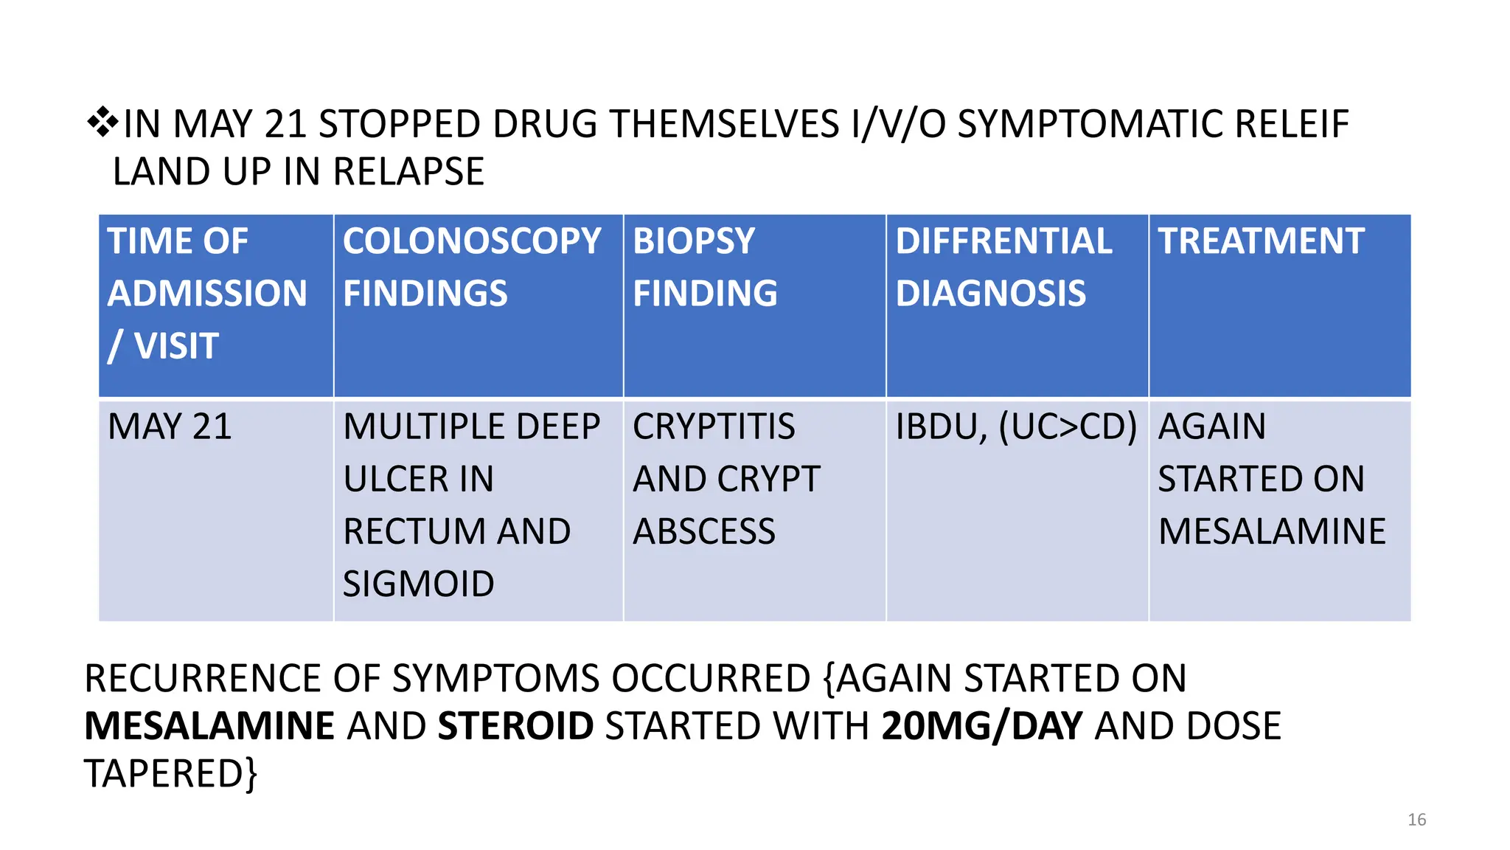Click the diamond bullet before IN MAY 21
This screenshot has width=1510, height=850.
(102, 122)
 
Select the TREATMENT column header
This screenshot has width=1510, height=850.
(1261, 241)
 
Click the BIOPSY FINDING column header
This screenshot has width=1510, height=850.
(704, 267)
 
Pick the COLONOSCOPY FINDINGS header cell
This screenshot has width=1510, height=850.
(472, 267)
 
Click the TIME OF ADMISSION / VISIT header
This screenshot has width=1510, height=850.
(206, 293)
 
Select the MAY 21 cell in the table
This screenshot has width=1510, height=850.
(170, 426)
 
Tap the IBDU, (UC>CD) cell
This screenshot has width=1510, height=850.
(1016, 426)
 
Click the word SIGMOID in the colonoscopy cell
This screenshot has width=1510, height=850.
(418, 584)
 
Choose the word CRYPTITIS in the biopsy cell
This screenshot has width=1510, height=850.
(714, 426)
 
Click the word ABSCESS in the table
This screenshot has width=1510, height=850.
(704, 531)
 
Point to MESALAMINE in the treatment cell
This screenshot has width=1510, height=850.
(1272, 531)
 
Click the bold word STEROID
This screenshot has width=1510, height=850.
(515, 726)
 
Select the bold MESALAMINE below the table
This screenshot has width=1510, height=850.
(209, 726)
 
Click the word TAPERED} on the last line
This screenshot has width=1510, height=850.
(171, 774)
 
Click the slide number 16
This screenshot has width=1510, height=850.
(1416, 820)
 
